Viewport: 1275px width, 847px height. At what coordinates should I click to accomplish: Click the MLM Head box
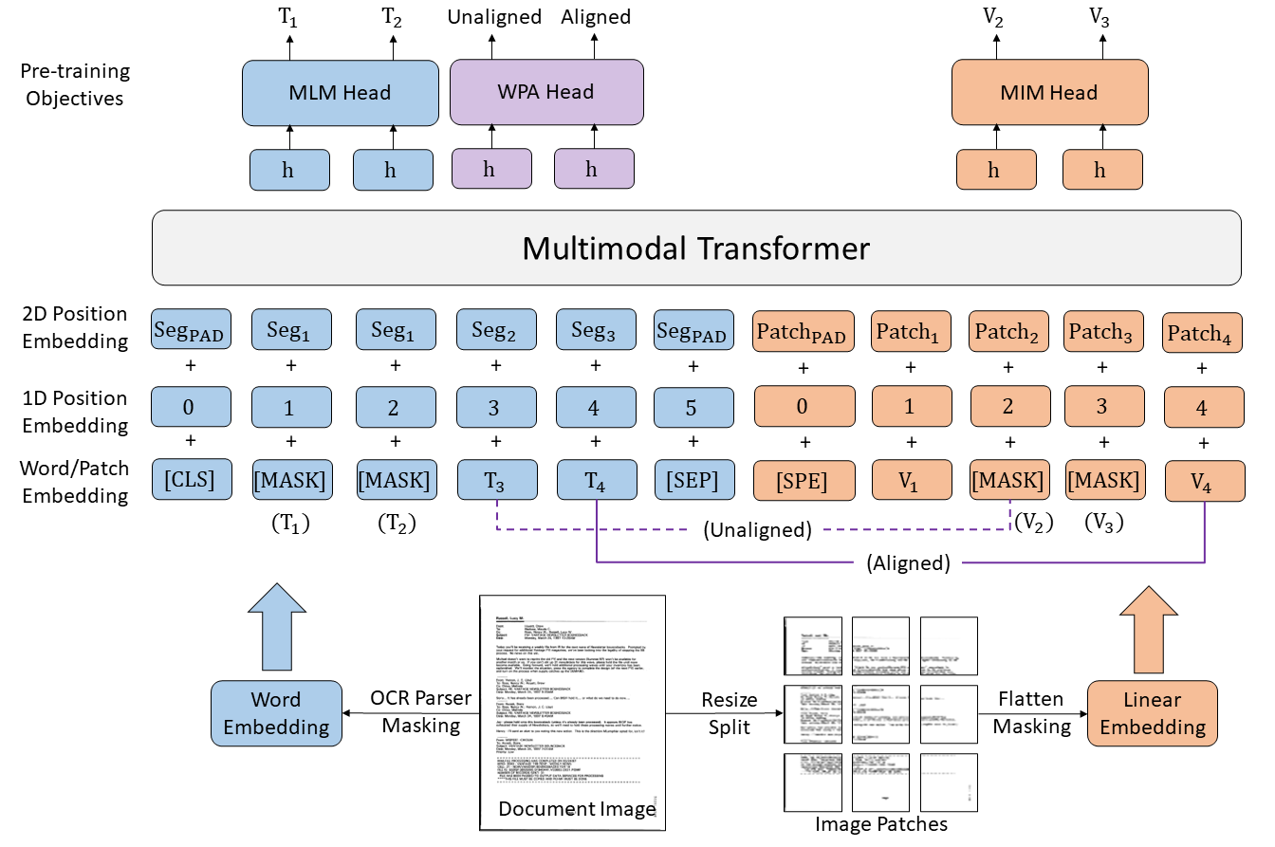[340, 93]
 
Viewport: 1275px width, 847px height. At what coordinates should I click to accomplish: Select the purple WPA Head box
[546, 93]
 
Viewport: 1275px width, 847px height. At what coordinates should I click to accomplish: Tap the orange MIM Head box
[1049, 93]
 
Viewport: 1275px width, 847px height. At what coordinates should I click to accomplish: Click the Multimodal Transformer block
[696, 249]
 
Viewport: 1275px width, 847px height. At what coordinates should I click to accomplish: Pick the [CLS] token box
[191, 480]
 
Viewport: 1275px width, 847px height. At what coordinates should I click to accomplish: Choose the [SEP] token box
[691, 480]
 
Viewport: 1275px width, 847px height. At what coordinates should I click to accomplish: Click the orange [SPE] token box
[804, 481]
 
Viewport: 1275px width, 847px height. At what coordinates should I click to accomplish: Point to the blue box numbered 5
[691, 408]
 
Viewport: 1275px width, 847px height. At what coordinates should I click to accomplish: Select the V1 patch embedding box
[911, 481]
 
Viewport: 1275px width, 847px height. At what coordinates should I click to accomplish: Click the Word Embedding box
[275, 713]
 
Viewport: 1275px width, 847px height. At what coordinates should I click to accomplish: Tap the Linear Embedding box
[1152, 713]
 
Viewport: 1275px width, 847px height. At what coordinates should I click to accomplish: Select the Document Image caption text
[576, 809]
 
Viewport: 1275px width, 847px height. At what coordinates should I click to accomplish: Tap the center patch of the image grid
[880, 714]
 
